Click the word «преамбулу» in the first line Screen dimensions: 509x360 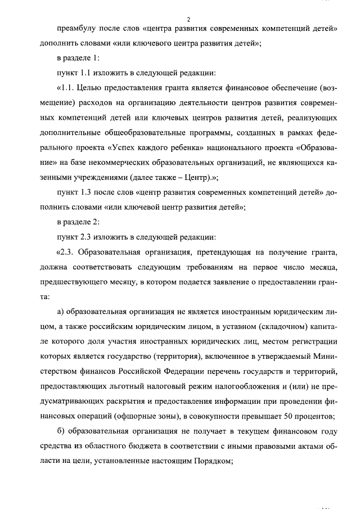coord(77,29)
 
